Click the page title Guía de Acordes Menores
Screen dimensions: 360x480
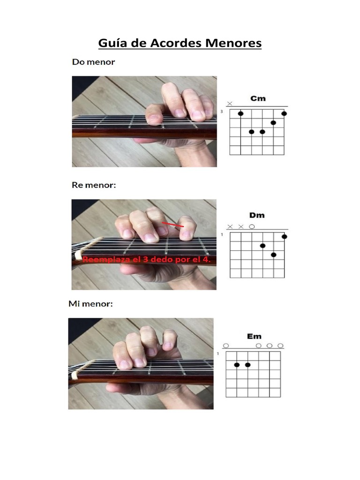(180, 43)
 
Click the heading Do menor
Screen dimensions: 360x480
(93, 62)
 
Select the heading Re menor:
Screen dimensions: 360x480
(94, 185)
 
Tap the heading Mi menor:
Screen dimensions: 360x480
(90, 304)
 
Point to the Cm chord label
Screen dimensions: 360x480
(258, 98)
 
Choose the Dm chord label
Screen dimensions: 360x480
(257, 215)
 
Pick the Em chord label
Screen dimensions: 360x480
(254, 337)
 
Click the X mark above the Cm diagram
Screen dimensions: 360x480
(230, 104)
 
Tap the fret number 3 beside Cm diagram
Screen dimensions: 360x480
(222, 112)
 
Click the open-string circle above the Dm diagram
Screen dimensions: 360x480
(252, 227)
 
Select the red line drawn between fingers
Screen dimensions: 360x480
(172, 225)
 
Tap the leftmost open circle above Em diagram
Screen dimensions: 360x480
(226, 345)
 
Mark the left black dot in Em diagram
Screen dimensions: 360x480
(237, 365)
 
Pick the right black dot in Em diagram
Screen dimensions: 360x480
(247, 365)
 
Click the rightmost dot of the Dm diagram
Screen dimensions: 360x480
(285, 237)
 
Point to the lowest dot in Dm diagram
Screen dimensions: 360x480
(274, 255)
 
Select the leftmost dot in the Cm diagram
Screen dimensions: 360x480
(240, 113)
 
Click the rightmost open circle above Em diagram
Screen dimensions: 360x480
(280, 345)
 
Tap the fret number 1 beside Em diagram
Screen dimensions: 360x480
(218, 353)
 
